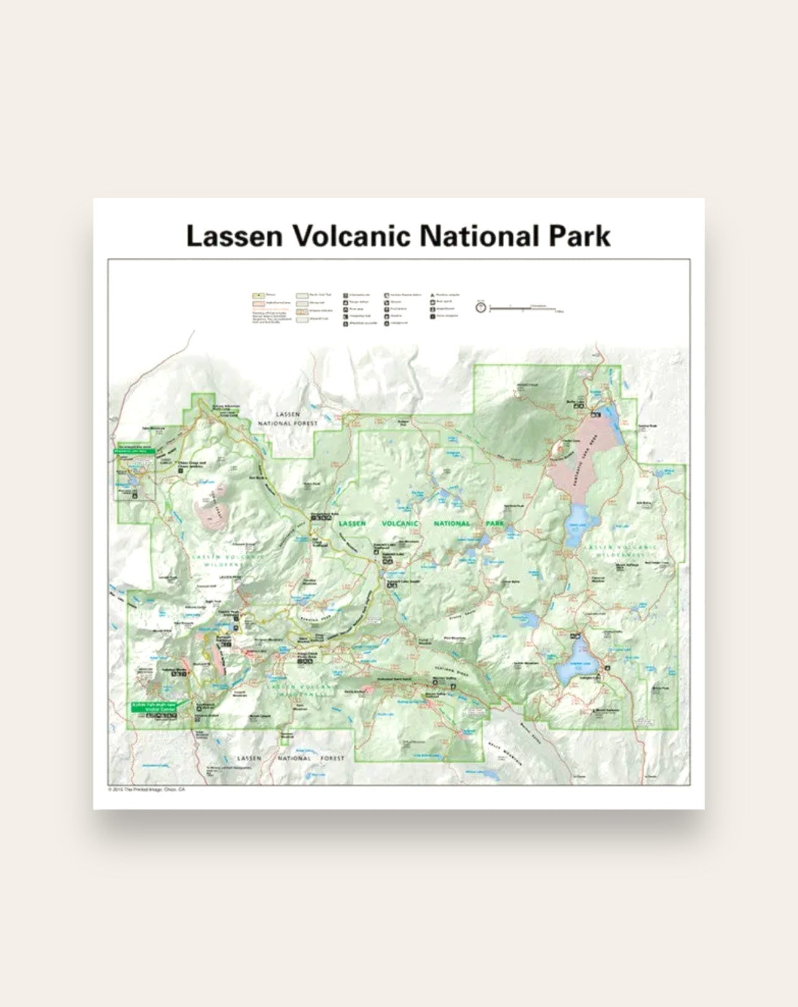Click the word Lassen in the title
point(233,236)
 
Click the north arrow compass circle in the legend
point(481,306)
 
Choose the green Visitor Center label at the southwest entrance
point(153,706)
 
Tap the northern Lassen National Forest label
point(288,419)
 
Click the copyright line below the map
point(147,790)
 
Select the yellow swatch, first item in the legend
point(257,296)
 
